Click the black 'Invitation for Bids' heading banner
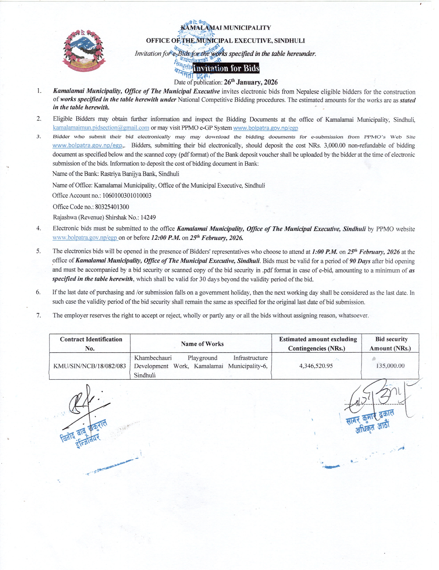coord(226,68)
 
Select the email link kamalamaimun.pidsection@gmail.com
coord(101,128)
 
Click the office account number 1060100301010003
coord(127,196)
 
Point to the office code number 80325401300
coord(112,207)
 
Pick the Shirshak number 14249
coord(148,217)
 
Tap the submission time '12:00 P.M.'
coord(166,238)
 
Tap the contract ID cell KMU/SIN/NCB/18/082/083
coord(90,366)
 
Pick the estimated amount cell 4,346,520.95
coord(316,366)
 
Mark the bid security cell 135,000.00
coord(390,366)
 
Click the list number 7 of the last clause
coord(39,315)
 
